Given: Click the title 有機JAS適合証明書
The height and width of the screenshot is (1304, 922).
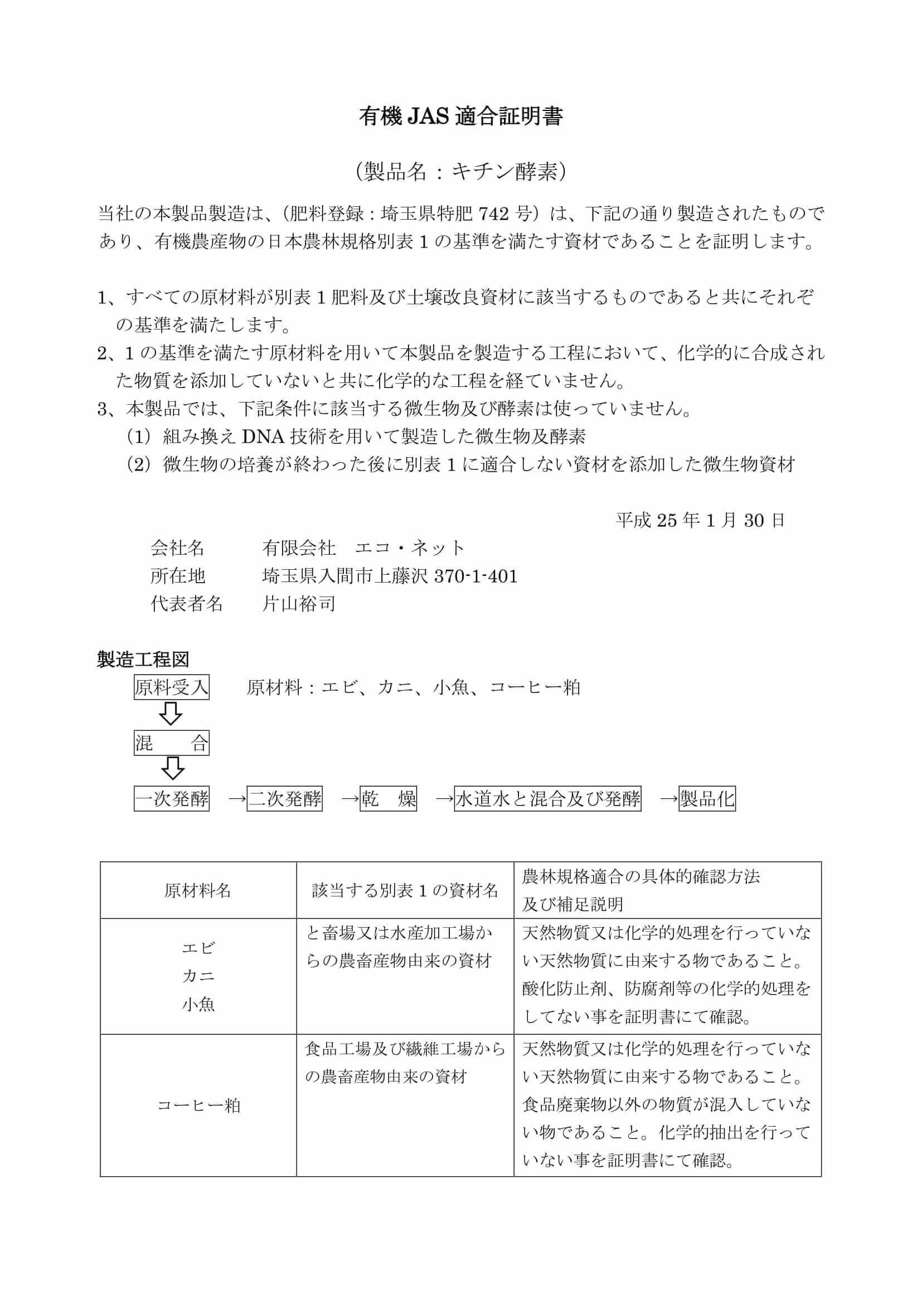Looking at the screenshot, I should tap(460, 117).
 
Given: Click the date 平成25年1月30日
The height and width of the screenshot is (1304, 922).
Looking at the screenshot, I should tap(701, 520).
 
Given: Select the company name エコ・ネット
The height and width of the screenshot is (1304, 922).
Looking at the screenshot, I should tap(409, 548).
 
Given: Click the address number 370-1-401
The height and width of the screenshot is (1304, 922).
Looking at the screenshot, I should tap(475, 576).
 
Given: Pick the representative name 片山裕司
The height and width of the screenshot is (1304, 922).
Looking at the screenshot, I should tap(299, 604).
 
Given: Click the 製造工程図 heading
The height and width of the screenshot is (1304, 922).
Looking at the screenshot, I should tap(143, 660).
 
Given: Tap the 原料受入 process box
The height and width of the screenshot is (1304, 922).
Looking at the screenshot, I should tap(172, 688).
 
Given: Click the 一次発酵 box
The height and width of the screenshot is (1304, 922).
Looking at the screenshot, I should tap(172, 799).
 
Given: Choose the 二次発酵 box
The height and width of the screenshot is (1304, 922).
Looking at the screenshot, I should tap(284, 799).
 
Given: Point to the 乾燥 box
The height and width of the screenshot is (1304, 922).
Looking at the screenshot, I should tap(389, 799).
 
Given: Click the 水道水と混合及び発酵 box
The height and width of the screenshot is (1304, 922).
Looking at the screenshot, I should tap(547, 799).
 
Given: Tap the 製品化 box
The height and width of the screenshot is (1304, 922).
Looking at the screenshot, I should tap(707, 799).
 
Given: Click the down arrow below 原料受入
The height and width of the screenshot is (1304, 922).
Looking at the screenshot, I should tap(171, 715).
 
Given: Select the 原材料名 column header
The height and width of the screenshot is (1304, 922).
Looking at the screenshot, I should tap(197, 890).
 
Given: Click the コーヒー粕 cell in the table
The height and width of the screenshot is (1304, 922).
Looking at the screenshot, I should tap(198, 1105).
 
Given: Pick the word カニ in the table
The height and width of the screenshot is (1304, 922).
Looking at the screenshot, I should tap(198, 976).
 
